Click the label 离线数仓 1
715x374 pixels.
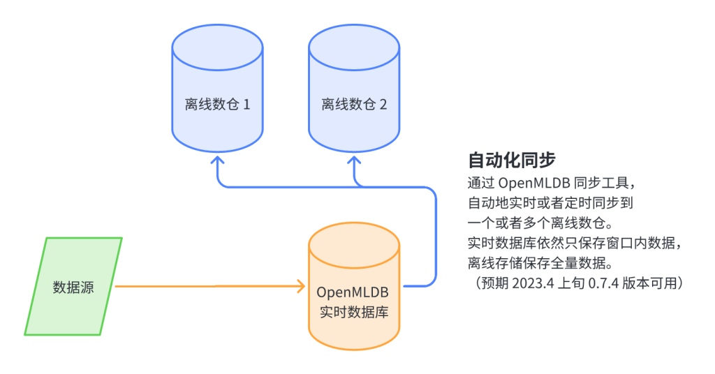218,105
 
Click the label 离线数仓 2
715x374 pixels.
354,105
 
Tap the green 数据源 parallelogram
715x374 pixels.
73,287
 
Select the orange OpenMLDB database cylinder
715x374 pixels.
354,286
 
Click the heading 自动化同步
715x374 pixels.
512,160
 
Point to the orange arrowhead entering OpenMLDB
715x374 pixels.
301,286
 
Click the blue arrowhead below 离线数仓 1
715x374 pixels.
218,160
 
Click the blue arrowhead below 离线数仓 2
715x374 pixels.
354,160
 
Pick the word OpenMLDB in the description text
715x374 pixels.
534,183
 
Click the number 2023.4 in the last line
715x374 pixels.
533,283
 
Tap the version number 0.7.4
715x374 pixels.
603,283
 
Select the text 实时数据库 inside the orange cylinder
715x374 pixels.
354,312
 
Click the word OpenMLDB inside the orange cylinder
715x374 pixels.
353,292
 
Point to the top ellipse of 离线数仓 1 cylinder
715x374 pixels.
218,48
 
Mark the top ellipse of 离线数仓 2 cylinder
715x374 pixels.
354,48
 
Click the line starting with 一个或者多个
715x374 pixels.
541,223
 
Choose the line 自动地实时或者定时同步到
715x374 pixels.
550,203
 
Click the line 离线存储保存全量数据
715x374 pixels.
541,263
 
